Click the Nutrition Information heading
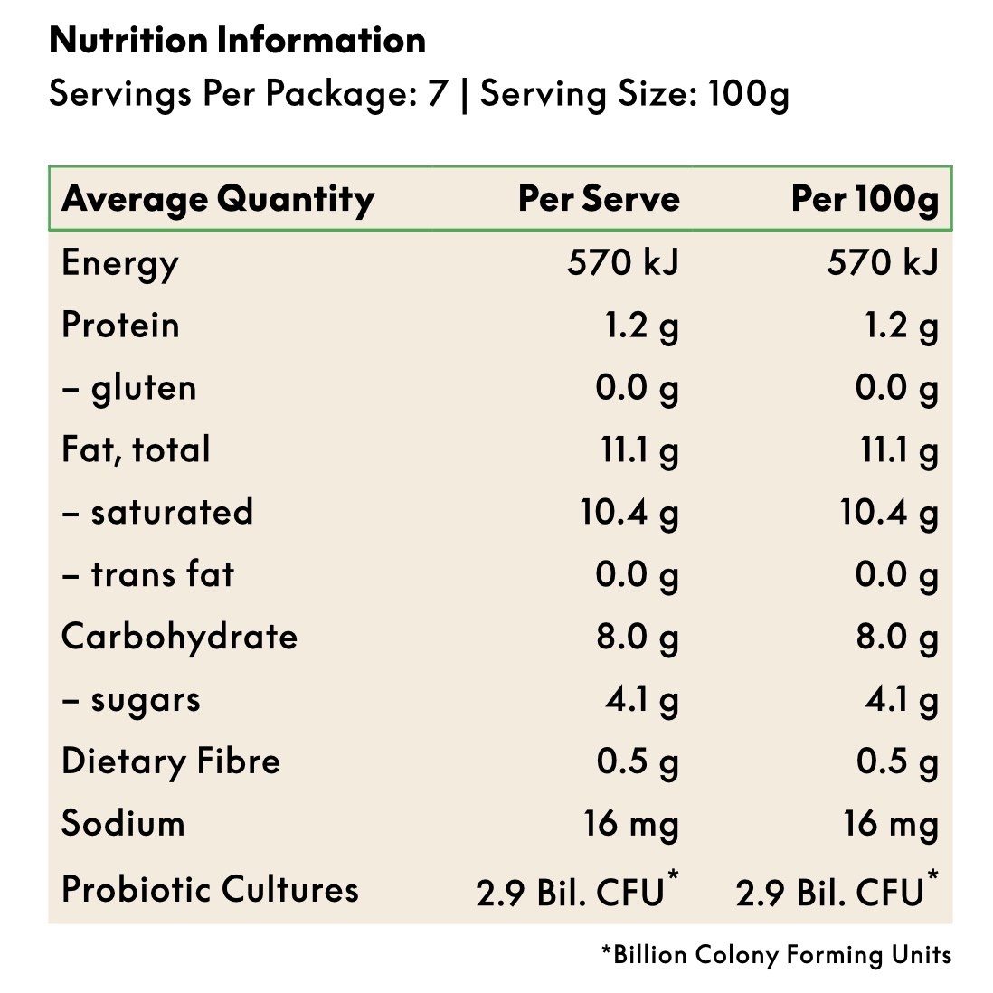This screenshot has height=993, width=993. (237, 41)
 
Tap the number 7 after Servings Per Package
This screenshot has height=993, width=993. (438, 94)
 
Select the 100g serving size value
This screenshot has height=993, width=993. (748, 94)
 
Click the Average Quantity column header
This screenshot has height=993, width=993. (218, 199)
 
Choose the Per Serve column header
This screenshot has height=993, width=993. (599, 199)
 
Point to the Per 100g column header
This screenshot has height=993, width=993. (865, 199)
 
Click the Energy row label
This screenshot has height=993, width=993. (120, 263)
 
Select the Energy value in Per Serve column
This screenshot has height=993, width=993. (622, 263)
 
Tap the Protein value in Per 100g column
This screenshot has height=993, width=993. (902, 326)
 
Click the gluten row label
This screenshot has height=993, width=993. (129, 388)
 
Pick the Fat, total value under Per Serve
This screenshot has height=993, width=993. (639, 450)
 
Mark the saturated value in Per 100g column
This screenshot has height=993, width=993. (889, 513)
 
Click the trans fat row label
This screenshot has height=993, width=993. (148, 574)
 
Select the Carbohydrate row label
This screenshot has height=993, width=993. (179, 637)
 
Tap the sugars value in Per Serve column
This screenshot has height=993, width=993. (642, 699)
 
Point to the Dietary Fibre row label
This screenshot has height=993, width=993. (171, 761)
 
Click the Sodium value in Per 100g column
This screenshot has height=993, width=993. (891, 824)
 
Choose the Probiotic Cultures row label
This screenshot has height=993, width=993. (210, 890)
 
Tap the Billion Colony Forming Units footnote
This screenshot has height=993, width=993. (777, 955)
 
